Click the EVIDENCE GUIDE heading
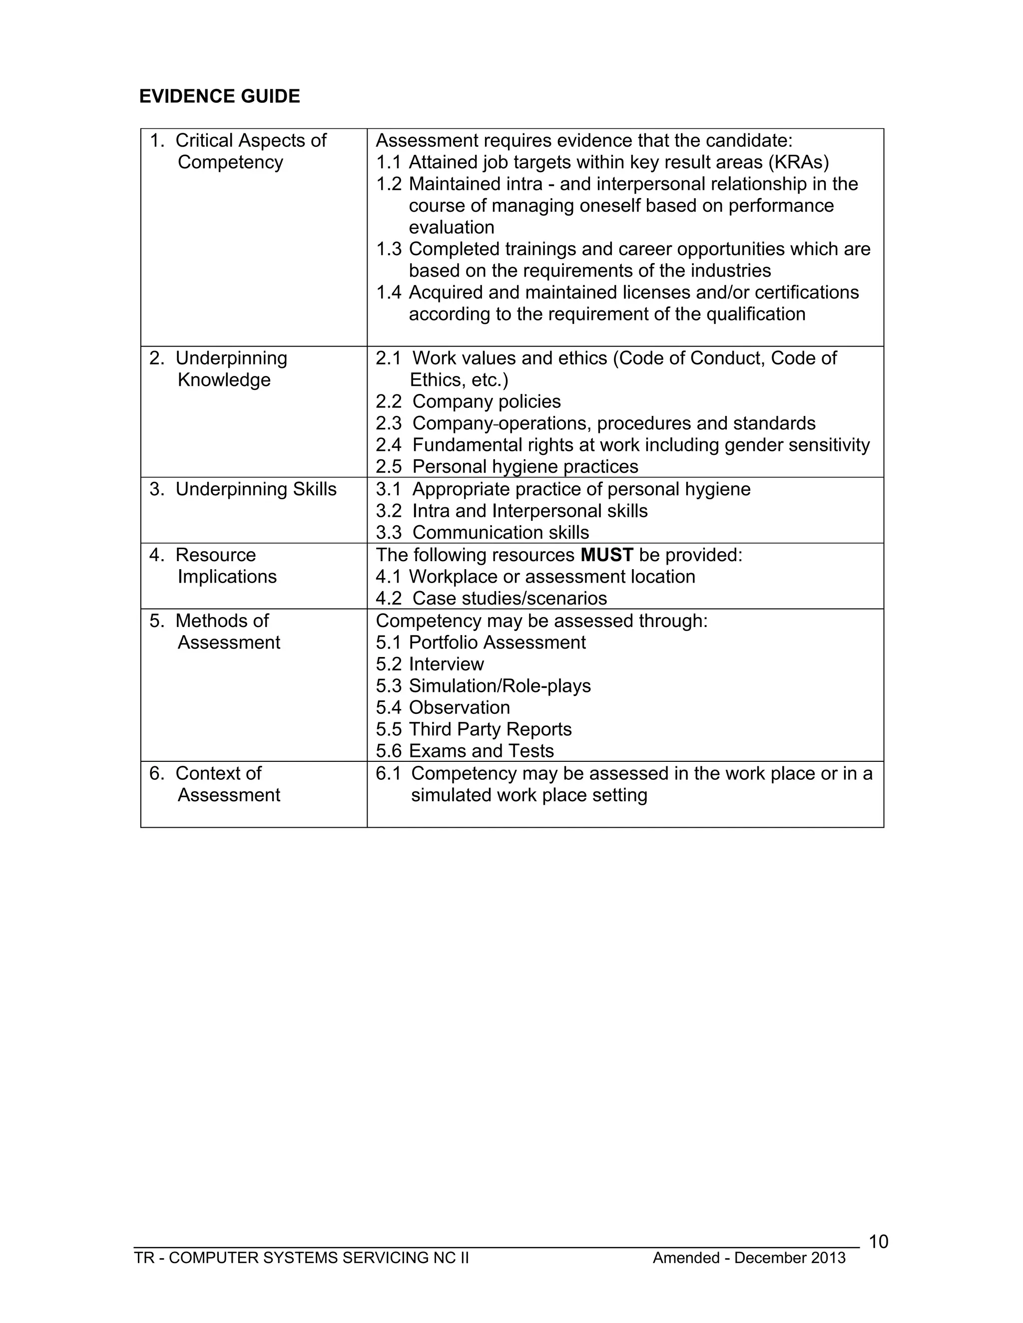pyautogui.click(x=219, y=96)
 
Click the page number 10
pyautogui.click(x=878, y=1242)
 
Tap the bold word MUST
pyautogui.click(x=606, y=555)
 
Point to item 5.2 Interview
pyautogui.click(x=430, y=664)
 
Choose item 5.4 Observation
pyautogui.click(x=443, y=707)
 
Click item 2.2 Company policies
pyautogui.click(x=468, y=401)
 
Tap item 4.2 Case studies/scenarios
pyautogui.click(x=491, y=599)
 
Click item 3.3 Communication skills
pyautogui.click(x=482, y=533)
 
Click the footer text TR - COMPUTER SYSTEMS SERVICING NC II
pyautogui.click(x=301, y=1258)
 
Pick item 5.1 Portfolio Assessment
pyautogui.click(x=481, y=642)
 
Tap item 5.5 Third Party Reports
pyautogui.click(x=474, y=729)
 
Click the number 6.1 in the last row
pyautogui.click(x=388, y=773)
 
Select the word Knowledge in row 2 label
pyautogui.click(x=224, y=380)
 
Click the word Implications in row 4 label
pyautogui.click(x=227, y=577)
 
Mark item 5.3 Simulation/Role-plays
pyautogui.click(x=483, y=686)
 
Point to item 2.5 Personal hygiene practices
pyautogui.click(x=507, y=466)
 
